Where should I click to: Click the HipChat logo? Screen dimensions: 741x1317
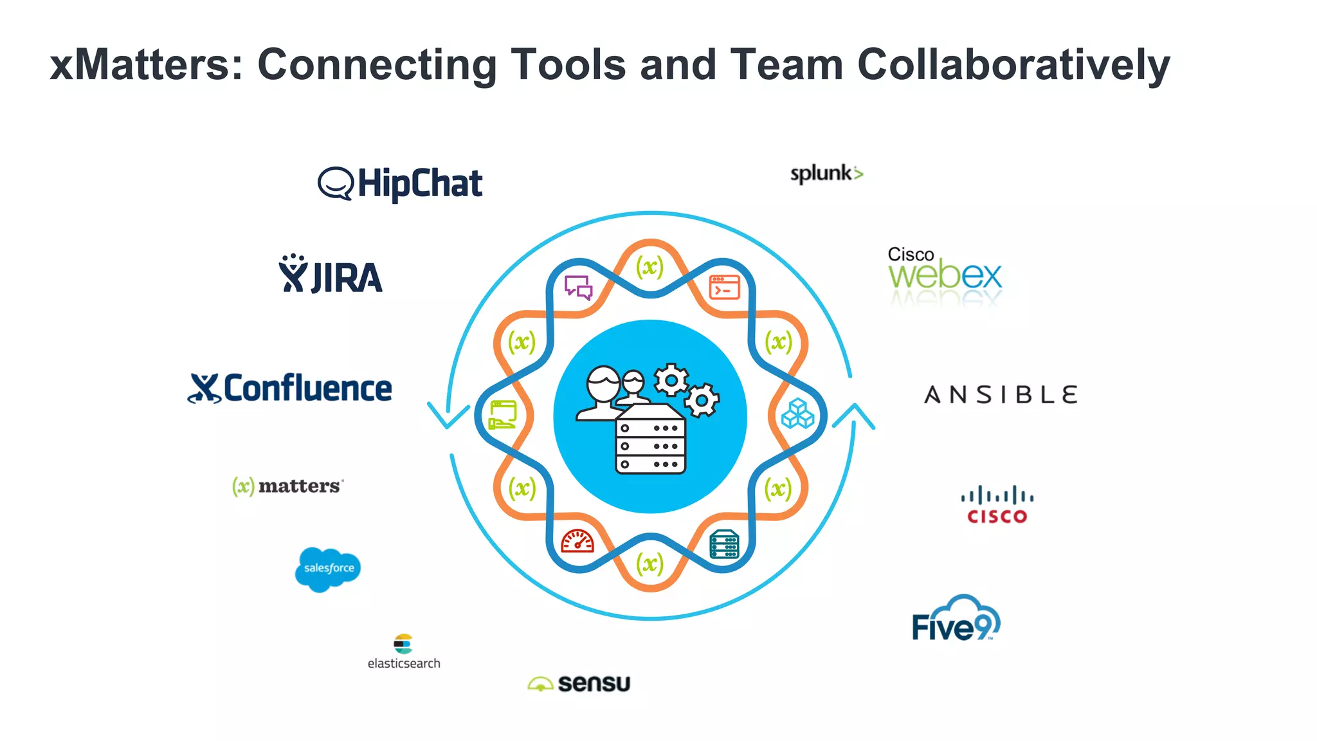point(400,183)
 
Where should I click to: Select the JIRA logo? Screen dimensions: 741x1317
point(331,275)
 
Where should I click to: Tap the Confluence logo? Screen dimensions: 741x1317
point(290,389)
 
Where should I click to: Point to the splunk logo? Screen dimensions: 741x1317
point(826,174)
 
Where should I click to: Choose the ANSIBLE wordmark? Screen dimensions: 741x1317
point(1001,394)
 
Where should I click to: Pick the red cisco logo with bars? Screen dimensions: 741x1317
point(997,505)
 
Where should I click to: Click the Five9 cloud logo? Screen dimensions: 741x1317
point(956,619)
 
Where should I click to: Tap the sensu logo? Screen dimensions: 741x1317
point(579,683)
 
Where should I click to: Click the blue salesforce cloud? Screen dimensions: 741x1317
point(328,569)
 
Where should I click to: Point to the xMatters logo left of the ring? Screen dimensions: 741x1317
point(287,486)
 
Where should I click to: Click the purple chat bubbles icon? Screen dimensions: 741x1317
point(578,288)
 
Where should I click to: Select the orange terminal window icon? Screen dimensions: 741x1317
point(724,288)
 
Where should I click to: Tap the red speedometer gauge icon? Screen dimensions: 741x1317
point(577,542)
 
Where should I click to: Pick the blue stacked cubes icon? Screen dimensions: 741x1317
point(797,414)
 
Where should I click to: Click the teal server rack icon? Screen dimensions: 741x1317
point(724,544)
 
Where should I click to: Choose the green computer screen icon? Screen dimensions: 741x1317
point(503,414)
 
